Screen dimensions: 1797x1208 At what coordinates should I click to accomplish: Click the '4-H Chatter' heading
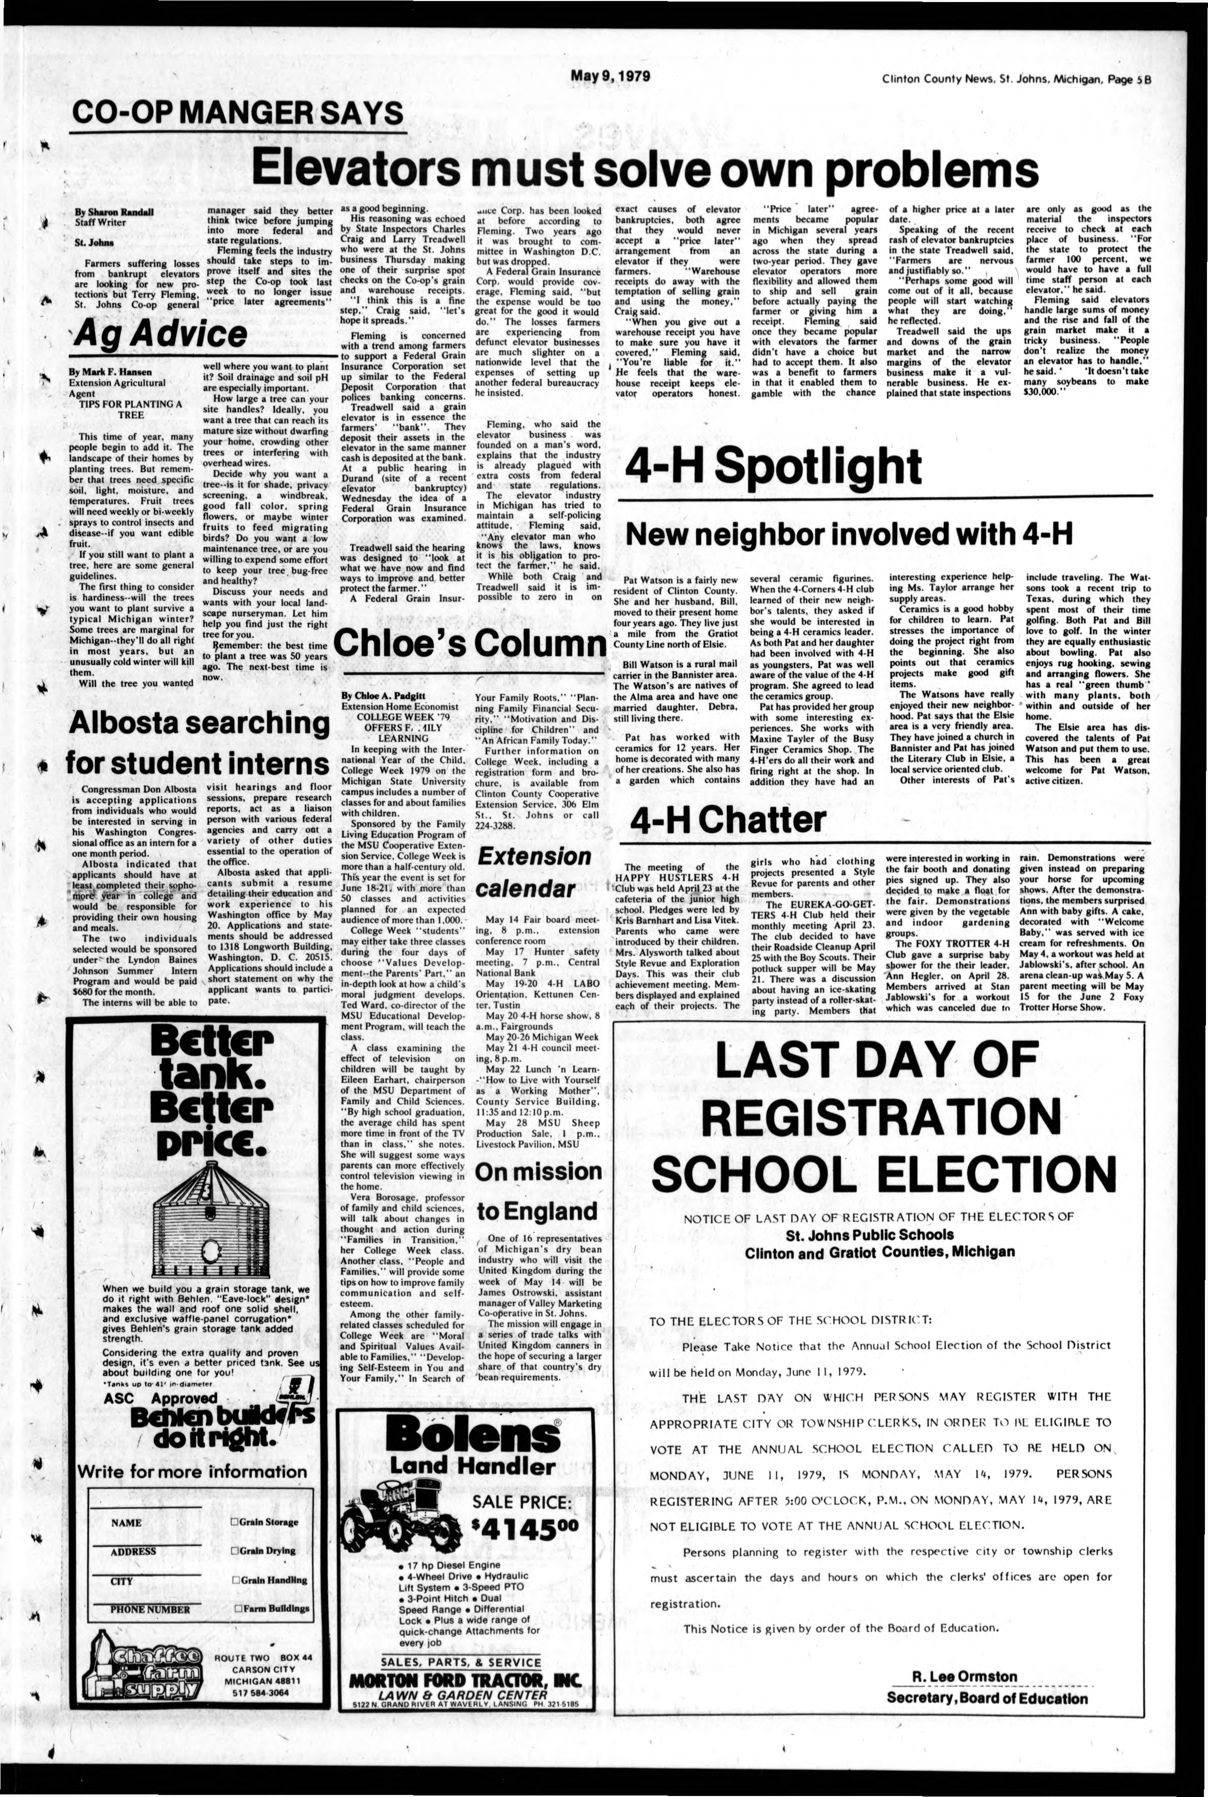click(727, 818)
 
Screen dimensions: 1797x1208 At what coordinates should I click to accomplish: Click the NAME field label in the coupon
click(126, 1523)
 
